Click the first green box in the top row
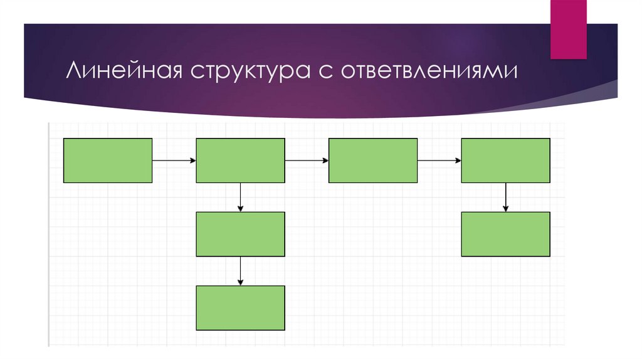tap(108, 161)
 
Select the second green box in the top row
tap(241, 161)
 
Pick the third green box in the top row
tap(373, 161)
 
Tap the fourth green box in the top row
tap(505, 161)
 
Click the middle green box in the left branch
tap(241, 234)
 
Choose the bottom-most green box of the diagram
tap(241, 308)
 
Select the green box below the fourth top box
tap(505, 234)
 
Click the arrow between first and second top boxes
tap(174, 161)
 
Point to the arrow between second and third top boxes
tap(307, 161)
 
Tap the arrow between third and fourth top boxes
tap(439, 161)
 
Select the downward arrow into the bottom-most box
tap(241, 271)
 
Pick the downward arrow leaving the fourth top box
tap(505, 198)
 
